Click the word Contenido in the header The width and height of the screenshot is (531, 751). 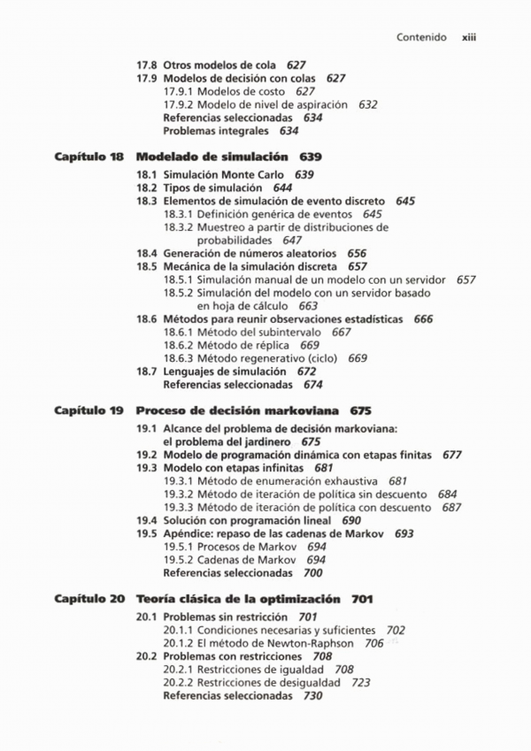click(x=421, y=38)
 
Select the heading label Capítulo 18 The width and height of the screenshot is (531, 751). click(x=88, y=157)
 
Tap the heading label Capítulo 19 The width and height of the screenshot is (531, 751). click(x=88, y=410)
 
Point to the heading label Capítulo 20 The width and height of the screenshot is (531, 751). click(x=88, y=599)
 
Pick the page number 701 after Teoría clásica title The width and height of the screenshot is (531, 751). click(x=361, y=599)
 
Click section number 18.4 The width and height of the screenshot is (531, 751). click(x=147, y=253)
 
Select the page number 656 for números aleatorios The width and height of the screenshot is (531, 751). click(x=357, y=253)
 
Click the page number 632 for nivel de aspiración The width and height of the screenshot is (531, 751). click(x=368, y=104)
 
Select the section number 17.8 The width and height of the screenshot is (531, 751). click(x=147, y=65)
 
